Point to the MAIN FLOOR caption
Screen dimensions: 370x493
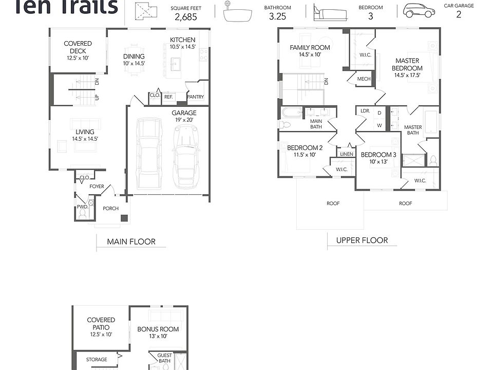(131, 242)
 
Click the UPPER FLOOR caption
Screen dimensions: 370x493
(362, 240)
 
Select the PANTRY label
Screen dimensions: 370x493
(196, 97)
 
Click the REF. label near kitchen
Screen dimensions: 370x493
(169, 96)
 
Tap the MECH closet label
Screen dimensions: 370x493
(364, 79)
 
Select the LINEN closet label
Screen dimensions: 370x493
(346, 154)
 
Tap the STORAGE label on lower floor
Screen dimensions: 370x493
(97, 360)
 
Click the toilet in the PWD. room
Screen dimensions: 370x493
(91, 204)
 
